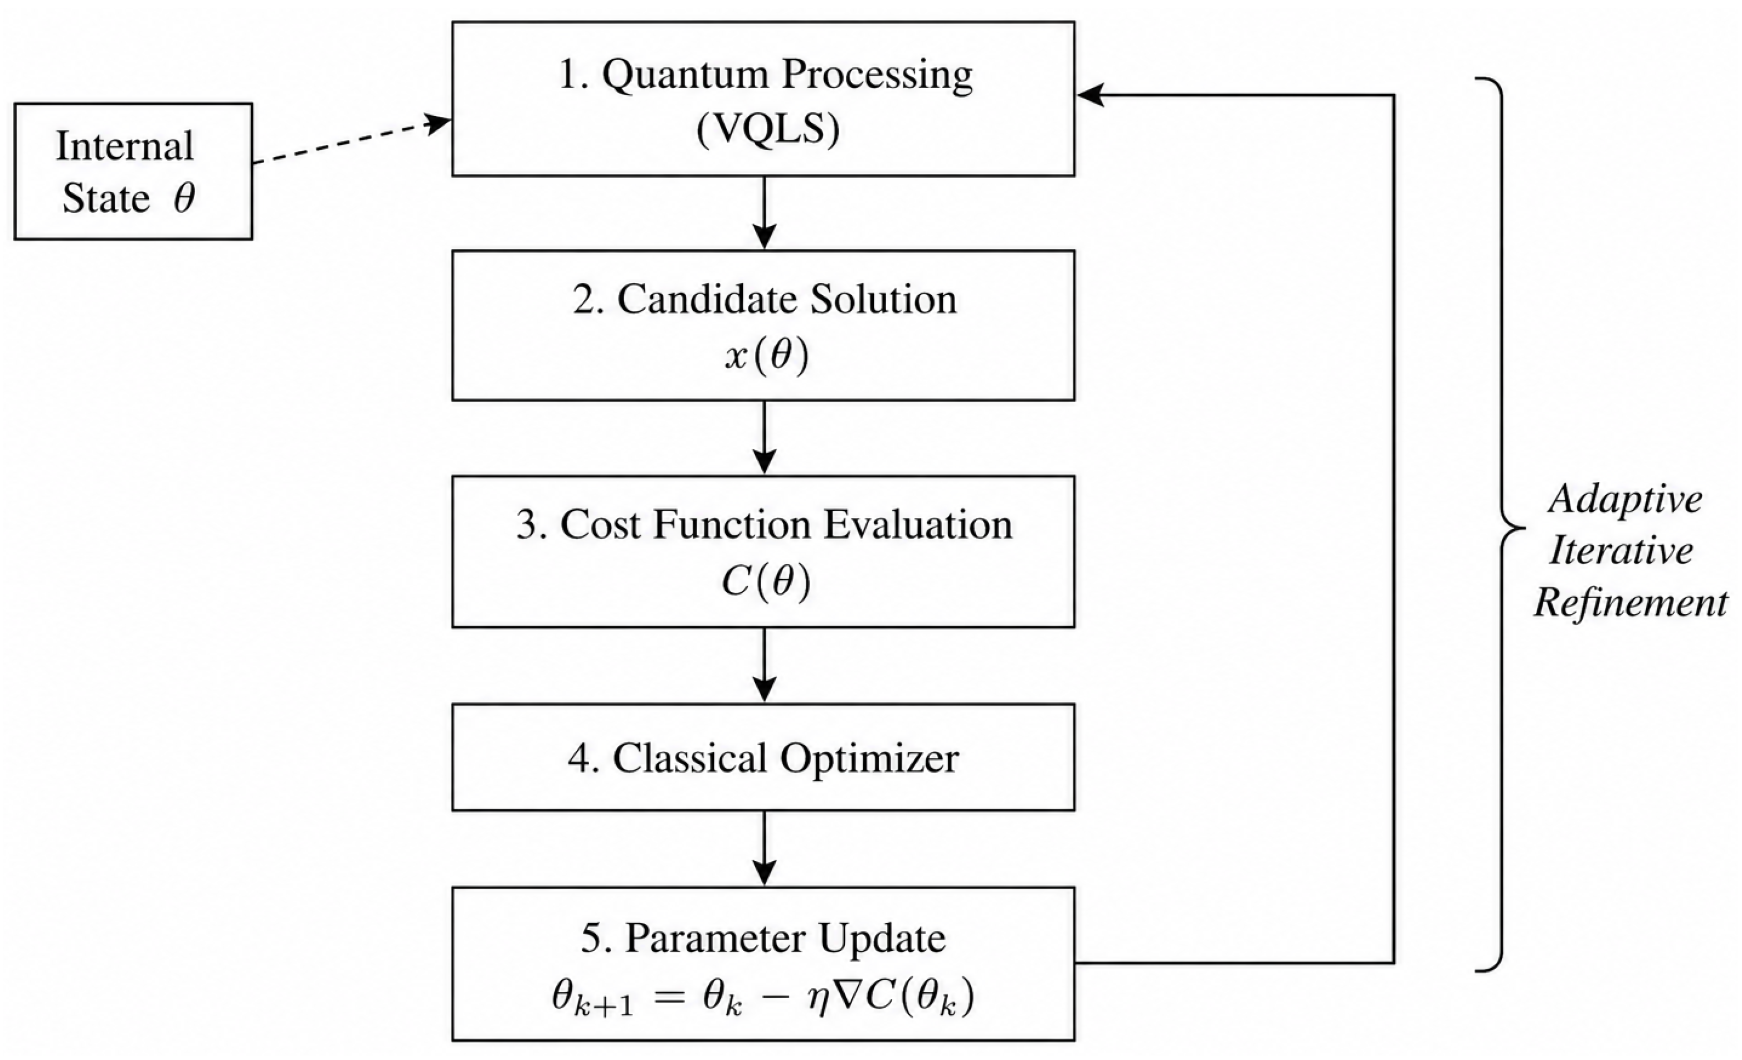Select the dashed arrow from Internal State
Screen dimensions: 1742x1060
pos(352,141)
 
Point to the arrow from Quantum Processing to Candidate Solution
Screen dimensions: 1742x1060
pos(764,213)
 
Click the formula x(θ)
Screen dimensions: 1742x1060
pos(766,355)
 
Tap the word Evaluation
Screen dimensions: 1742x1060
pos(918,525)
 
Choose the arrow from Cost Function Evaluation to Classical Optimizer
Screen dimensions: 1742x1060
pos(764,665)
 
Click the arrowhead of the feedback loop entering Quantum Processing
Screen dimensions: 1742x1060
pos(1089,95)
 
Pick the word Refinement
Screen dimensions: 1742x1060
pos(1631,603)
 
